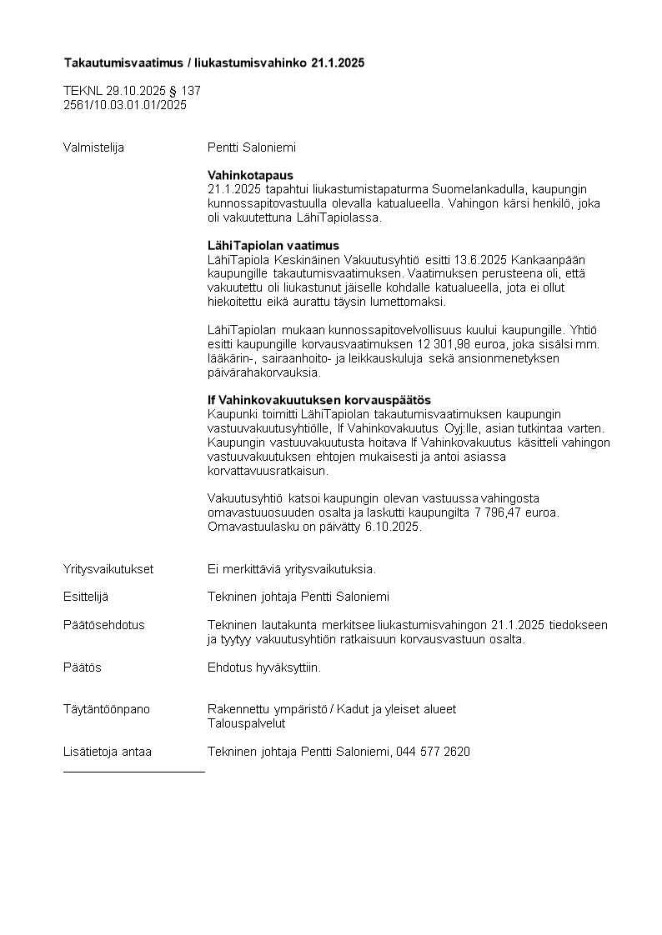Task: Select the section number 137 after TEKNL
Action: [x=191, y=91]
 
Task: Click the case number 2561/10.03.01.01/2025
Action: [x=125, y=105]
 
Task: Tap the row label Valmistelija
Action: [x=93, y=147]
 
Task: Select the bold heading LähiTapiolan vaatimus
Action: [x=273, y=246]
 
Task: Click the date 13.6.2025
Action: [x=481, y=260]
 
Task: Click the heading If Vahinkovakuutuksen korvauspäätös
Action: [x=318, y=400]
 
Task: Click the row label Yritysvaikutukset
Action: [x=108, y=569]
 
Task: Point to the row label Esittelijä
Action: [x=86, y=597]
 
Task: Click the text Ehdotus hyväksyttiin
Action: [x=263, y=667]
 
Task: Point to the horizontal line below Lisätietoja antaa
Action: [x=133, y=772]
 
